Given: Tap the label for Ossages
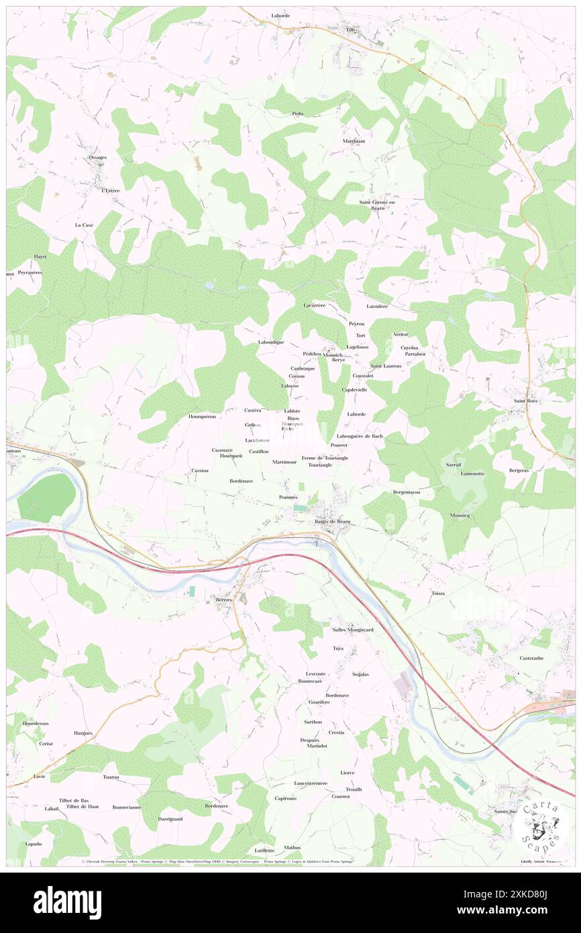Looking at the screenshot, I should coord(98,157).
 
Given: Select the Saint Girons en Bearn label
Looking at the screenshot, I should coord(378,205).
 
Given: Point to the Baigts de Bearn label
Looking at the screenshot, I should coord(332,522).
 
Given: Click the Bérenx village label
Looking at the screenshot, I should coord(223,598).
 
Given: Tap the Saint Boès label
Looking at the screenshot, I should coord(527,401).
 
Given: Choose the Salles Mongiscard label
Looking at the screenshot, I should coord(353,630).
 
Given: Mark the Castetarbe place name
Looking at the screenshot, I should coord(535,658).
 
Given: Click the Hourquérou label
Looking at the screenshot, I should coord(203,417).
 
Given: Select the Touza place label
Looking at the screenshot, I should coord(437,594).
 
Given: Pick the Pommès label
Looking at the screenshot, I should coord(288,497).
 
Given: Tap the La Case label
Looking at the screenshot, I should coord(84,225).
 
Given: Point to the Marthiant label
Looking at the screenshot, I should coord(354,141).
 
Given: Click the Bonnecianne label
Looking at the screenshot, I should coord(127,807).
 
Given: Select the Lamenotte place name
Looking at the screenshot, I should coord(472,473).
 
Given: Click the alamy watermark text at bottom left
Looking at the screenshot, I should coord(67,902).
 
